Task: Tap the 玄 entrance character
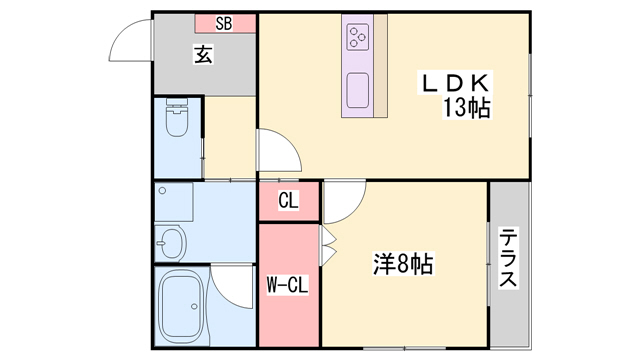tap(203, 56)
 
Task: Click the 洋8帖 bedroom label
tap(402, 264)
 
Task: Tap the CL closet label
tap(288, 201)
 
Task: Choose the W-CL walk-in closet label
tap(288, 285)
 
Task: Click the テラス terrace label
tap(509, 258)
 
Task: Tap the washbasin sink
tap(171, 242)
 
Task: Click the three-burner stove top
tap(359, 37)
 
